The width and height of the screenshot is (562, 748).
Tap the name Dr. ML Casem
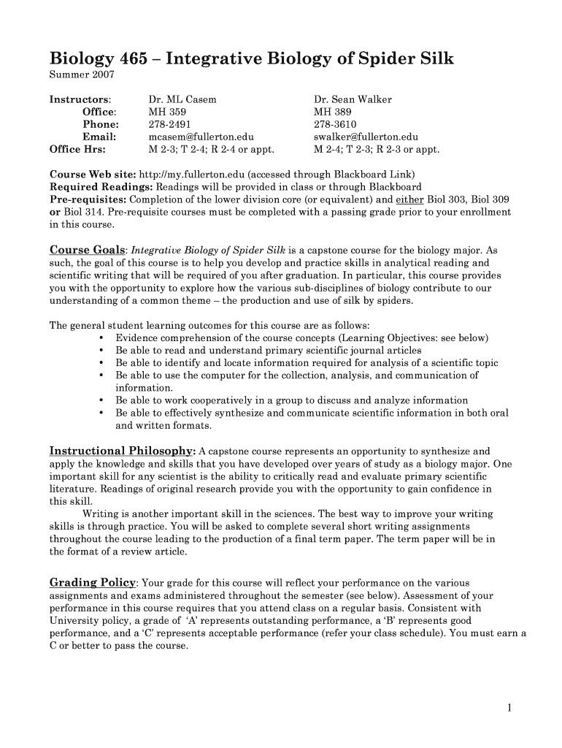pyautogui.click(x=182, y=99)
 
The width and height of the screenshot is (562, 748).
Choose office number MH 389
pyautogui.click(x=332, y=112)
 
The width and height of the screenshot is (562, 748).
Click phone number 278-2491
pyautogui.click(x=170, y=124)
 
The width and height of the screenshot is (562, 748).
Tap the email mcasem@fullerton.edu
pyautogui.click(x=200, y=137)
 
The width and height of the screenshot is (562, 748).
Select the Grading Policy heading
pyautogui.click(x=92, y=582)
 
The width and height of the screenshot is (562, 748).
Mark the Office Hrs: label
pyautogui.click(x=77, y=149)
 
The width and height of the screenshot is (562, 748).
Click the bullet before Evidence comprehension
pyautogui.click(x=99, y=338)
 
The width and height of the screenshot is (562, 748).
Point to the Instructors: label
pyautogui.click(x=80, y=99)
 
